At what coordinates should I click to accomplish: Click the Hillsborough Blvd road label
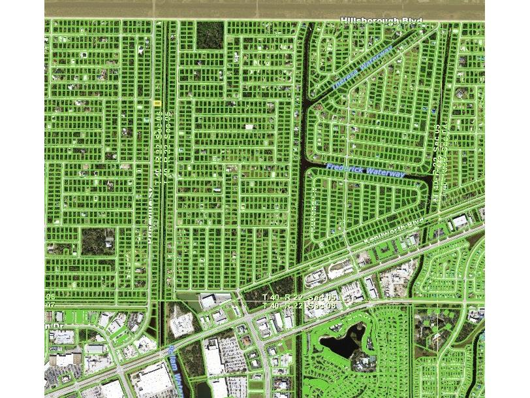381,22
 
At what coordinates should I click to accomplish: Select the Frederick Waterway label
366,171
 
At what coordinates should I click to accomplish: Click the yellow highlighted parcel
157,103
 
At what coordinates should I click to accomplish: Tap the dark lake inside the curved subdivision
345,340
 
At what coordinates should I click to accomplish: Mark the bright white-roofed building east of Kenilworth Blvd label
460,222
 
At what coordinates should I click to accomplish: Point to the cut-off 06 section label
50,297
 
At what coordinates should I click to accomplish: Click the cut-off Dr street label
50,325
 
